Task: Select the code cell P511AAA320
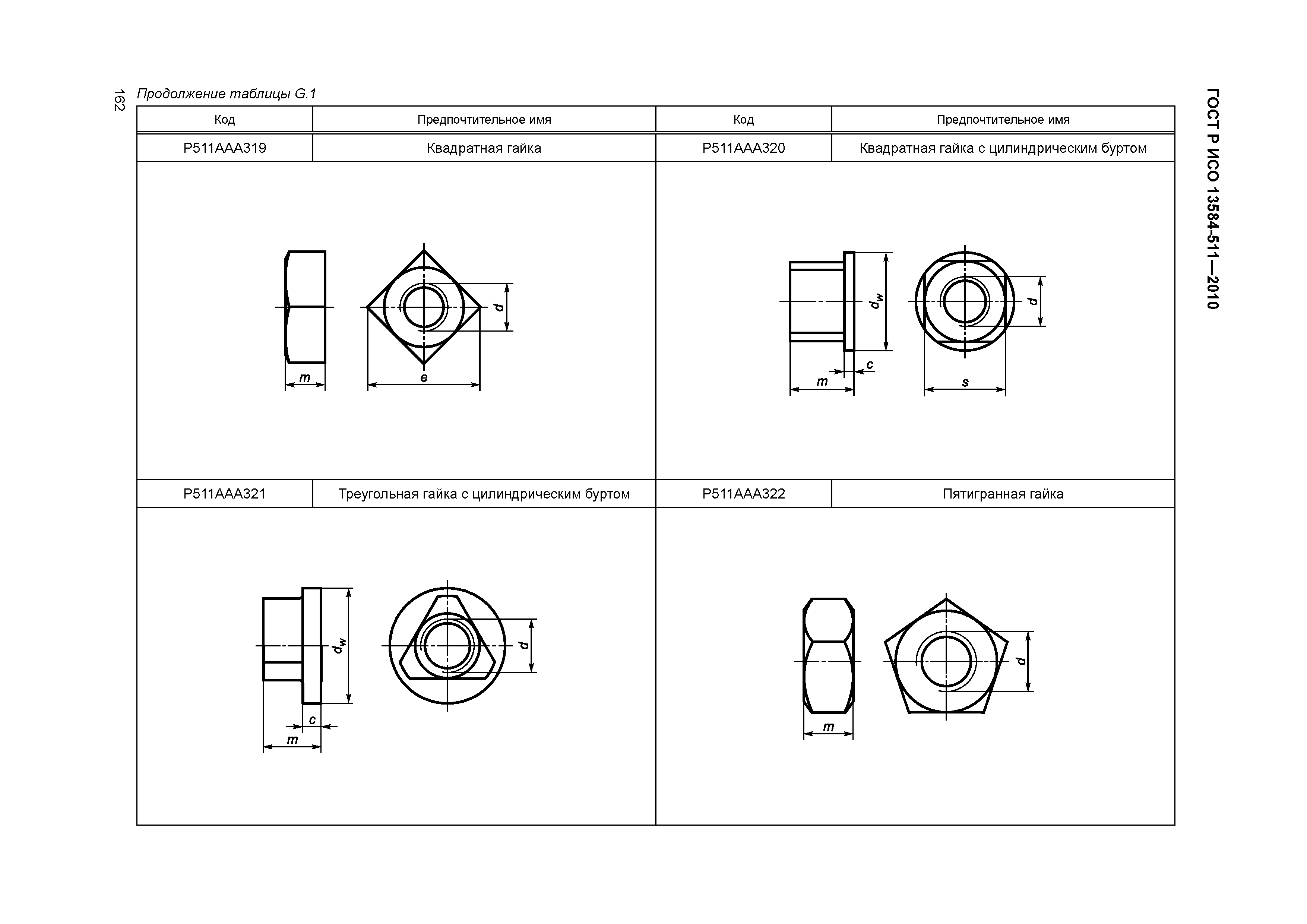pyautogui.click(x=743, y=148)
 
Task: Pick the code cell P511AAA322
pyautogui.click(x=743, y=494)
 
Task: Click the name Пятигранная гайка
pyautogui.click(x=1003, y=494)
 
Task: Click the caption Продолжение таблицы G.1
pyautogui.click(x=226, y=94)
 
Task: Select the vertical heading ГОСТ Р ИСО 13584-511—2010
pyautogui.click(x=1212, y=199)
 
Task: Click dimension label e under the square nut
pyautogui.click(x=424, y=377)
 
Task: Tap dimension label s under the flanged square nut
pyautogui.click(x=965, y=382)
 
